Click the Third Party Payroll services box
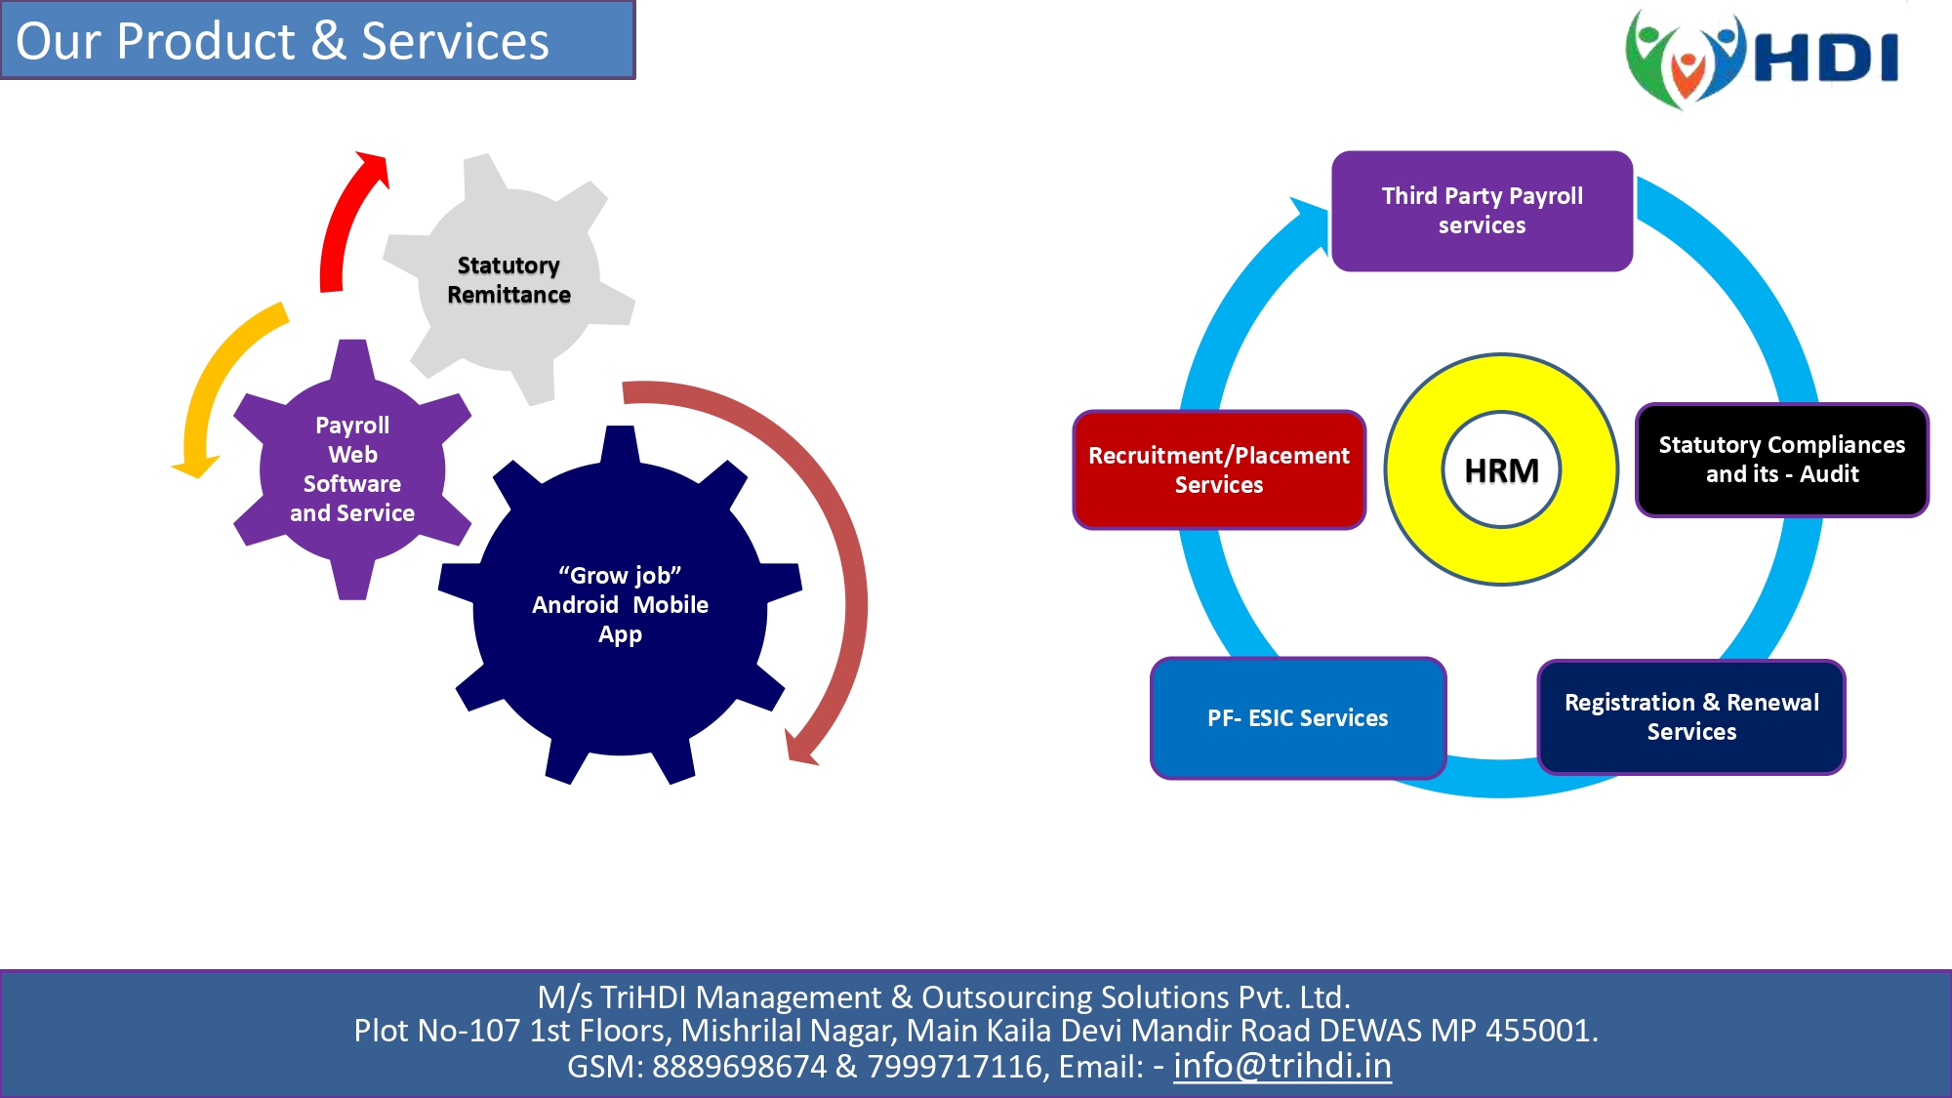coord(1482,211)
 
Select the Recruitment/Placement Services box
coord(1219,469)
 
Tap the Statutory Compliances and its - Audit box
coord(1782,460)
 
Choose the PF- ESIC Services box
coord(1298,718)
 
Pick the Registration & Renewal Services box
coord(1691,717)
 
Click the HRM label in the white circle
coord(1501,470)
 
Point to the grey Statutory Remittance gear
coord(508,279)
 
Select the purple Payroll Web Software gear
coord(352,469)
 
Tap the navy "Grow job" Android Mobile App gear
coord(620,605)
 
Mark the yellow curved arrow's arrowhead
coord(196,468)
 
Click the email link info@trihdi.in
coord(1282,1066)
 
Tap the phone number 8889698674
coord(739,1067)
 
